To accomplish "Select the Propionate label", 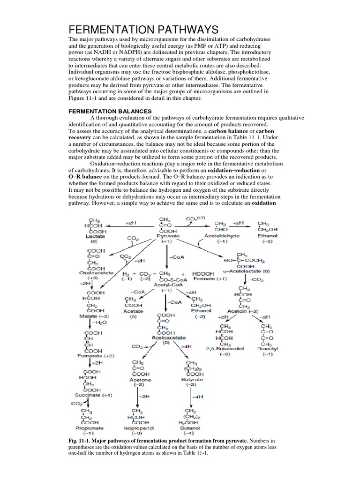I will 90,428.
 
